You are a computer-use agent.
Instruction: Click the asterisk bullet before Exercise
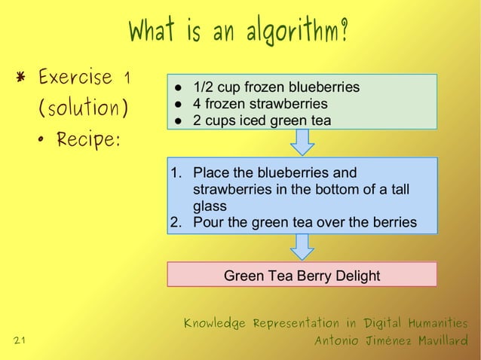coord(22,78)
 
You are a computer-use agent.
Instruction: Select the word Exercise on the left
coord(75,78)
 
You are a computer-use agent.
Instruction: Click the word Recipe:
coord(88,142)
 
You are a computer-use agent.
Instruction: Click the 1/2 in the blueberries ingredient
coord(204,87)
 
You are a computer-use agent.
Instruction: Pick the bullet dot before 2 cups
coord(179,121)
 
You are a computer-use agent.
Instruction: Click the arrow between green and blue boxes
coord(302,142)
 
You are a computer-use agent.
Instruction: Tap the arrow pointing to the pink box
coord(302,246)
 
